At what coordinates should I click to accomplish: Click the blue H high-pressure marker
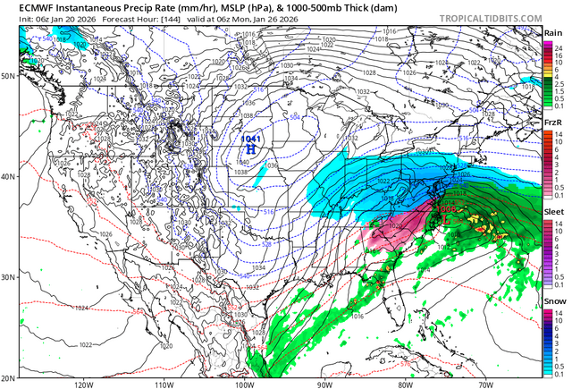(251, 151)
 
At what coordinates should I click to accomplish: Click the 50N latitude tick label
(8, 76)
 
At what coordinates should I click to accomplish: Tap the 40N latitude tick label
(8, 176)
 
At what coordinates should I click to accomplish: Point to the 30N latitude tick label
(8, 276)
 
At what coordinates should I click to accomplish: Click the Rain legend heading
(553, 33)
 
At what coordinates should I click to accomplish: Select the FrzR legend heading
(553, 122)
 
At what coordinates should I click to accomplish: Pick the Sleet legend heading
(553, 210)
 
